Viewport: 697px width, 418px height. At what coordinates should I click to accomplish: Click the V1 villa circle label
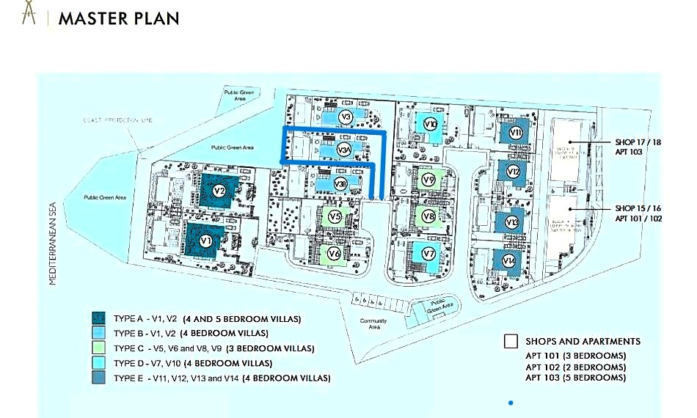(207, 240)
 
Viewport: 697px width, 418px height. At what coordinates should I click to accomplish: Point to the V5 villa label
(335, 217)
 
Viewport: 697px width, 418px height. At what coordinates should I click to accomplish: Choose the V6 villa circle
(334, 253)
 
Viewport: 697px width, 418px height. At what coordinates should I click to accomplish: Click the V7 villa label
(429, 254)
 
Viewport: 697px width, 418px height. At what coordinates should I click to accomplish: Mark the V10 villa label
(431, 125)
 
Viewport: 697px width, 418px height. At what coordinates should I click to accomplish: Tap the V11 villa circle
(515, 133)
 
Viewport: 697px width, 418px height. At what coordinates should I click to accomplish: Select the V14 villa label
(509, 260)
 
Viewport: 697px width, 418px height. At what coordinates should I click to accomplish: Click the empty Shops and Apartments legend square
(511, 342)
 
